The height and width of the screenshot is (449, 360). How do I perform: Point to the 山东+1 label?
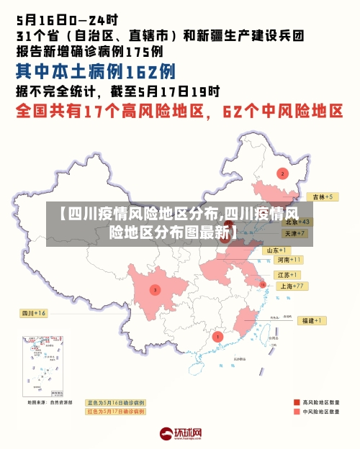click(x=276, y=250)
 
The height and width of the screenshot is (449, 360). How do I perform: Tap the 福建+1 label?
click(x=313, y=320)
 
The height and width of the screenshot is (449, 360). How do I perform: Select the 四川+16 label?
click(x=33, y=313)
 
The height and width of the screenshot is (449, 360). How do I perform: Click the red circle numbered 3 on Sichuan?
click(x=154, y=290)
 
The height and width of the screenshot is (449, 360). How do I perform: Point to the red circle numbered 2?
click(x=282, y=173)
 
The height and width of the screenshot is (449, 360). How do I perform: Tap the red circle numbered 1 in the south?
click(x=218, y=336)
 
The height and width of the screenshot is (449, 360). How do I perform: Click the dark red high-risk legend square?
click(x=296, y=402)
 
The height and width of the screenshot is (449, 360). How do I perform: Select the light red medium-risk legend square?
click(x=296, y=412)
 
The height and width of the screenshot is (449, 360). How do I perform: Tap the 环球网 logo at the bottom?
click(x=180, y=434)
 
